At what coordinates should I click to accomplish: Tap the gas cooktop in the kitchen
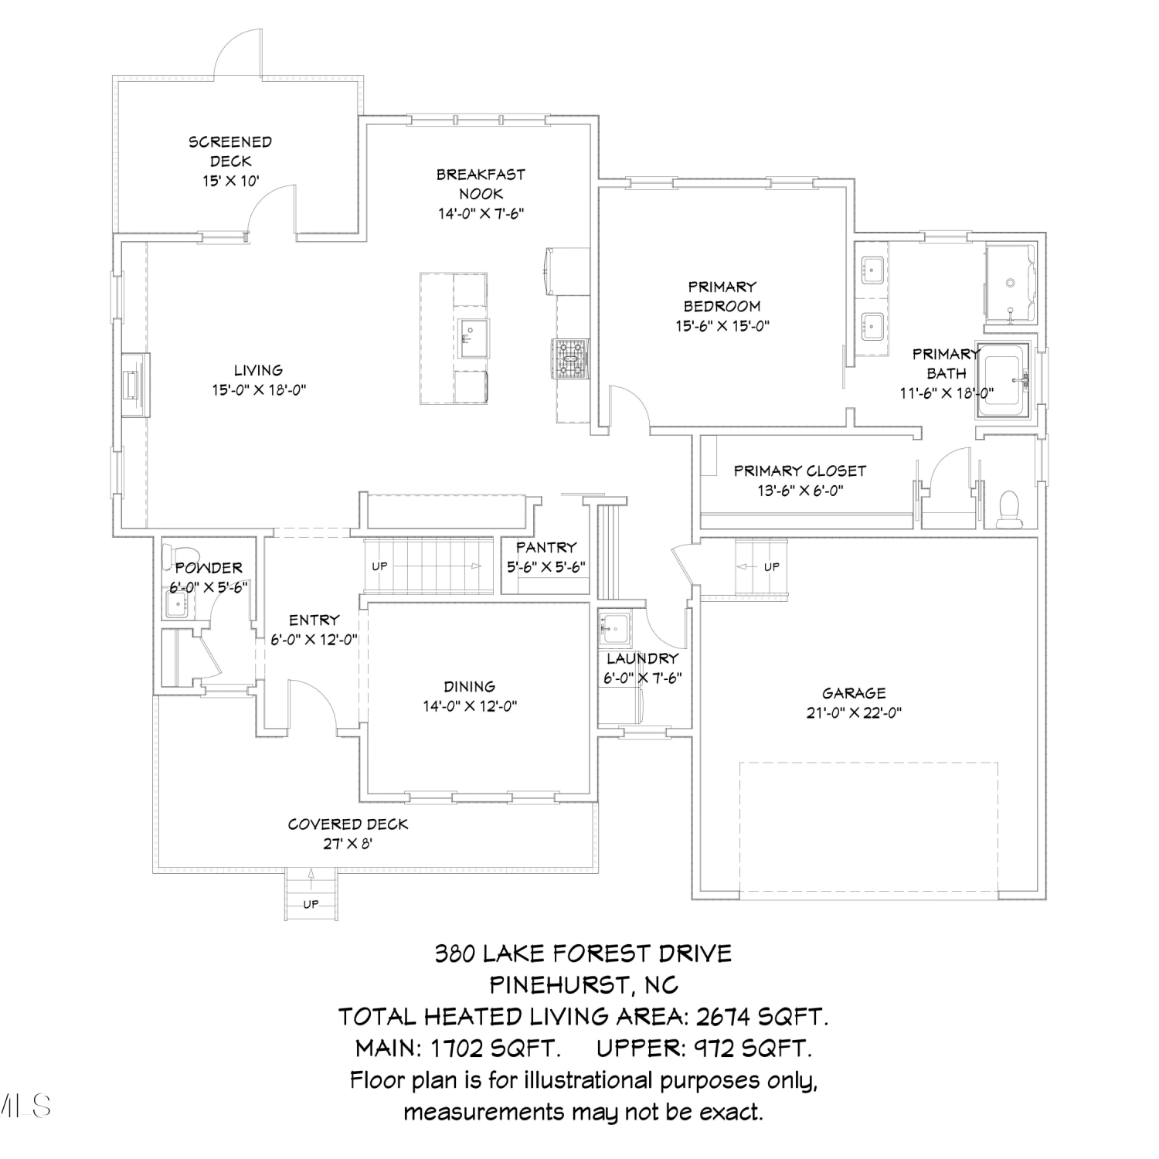(x=571, y=359)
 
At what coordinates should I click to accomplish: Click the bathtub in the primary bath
(x=1004, y=378)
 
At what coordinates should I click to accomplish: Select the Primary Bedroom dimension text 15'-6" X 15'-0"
(x=722, y=326)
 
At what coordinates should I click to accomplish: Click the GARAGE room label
(x=854, y=693)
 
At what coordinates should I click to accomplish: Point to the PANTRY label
(x=546, y=547)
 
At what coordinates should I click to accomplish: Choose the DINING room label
(x=470, y=686)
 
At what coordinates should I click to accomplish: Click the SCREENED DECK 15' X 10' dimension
(x=231, y=181)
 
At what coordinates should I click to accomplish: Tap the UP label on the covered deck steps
(x=311, y=904)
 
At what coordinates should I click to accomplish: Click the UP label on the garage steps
(x=771, y=566)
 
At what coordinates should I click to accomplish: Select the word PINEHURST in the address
(x=560, y=985)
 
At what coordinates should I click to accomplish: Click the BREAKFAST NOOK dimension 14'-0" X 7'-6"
(x=481, y=213)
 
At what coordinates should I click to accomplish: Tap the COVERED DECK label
(x=348, y=824)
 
